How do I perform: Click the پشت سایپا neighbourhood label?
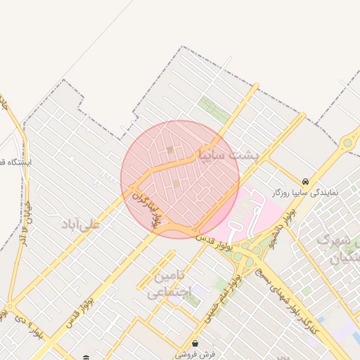pos(229,154)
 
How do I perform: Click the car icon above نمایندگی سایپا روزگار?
pos(305,181)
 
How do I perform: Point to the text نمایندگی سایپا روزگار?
pos(306,191)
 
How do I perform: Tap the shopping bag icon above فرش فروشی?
pos(195,344)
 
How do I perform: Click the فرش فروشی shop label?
pos(194,354)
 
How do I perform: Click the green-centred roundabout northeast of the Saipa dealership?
pos(347,144)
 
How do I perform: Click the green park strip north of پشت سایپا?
pos(210,107)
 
